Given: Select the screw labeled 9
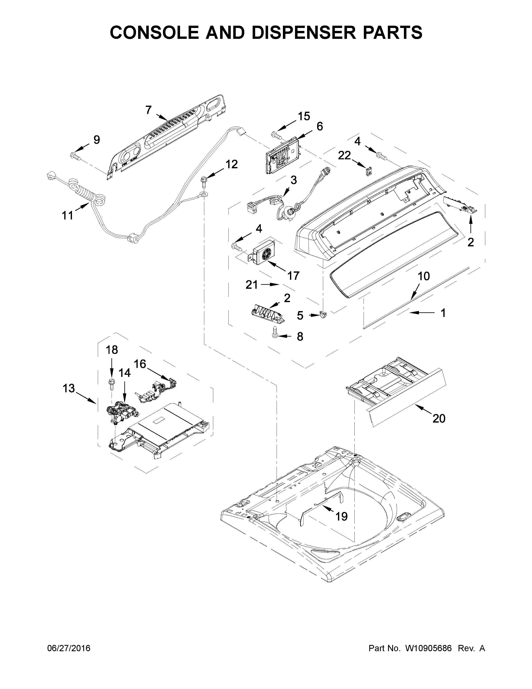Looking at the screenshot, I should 75,155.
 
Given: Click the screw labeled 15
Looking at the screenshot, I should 275,135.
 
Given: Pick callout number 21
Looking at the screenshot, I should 252,285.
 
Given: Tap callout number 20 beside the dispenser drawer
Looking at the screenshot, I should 439,418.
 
